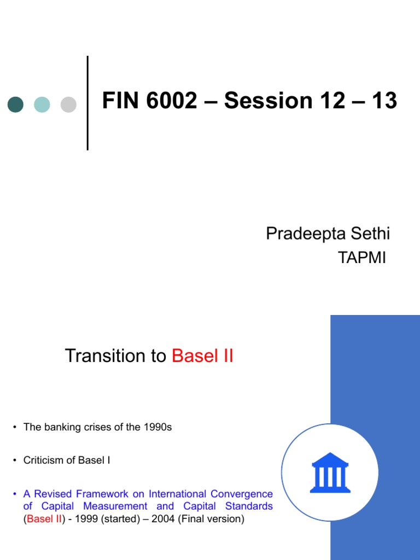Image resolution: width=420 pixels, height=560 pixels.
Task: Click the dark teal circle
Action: coord(15,104)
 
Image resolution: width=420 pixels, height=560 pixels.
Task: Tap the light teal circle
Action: coord(42,104)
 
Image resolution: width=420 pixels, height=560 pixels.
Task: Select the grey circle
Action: coord(68,104)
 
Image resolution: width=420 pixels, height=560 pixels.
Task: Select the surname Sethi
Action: coord(371,234)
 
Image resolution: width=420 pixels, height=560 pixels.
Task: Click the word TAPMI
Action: coord(363,258)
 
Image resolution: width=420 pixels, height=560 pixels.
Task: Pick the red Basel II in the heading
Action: coord(202,356)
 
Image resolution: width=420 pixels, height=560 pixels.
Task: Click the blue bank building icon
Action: coord(330,472)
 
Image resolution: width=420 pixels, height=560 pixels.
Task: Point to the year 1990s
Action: coord(157,427)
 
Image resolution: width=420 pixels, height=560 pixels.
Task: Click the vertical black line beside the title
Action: coord(87,103)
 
